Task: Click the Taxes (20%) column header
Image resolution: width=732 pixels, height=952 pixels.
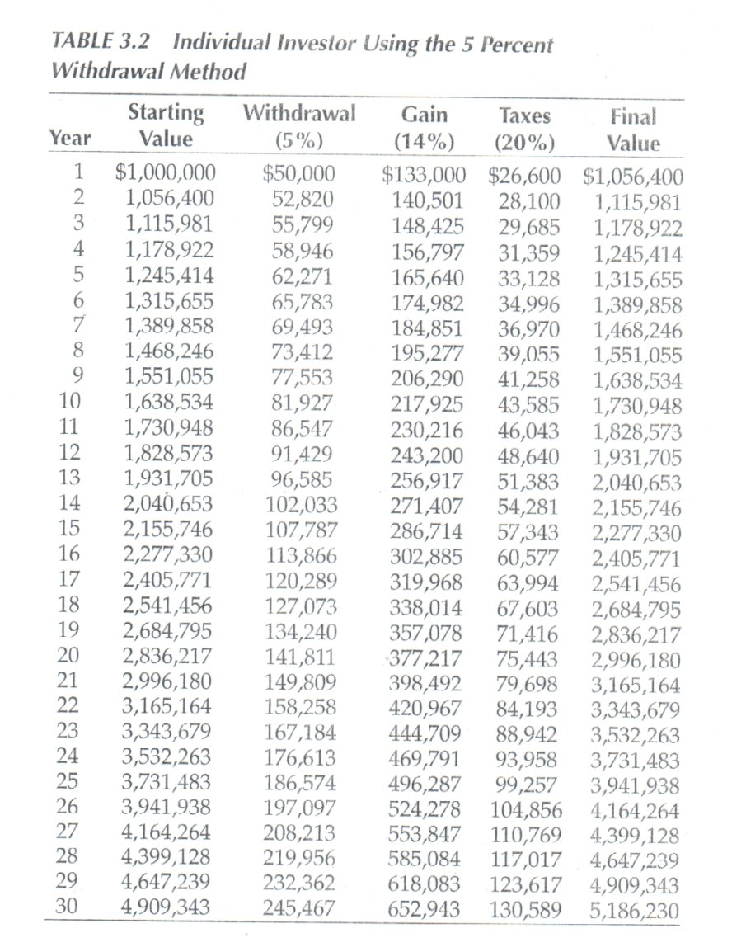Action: (525, 129)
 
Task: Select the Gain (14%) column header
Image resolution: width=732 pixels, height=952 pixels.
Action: (424, 129)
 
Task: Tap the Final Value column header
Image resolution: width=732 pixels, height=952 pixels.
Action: (633, 129)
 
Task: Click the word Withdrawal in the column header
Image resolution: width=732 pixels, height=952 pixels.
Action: (300, 113)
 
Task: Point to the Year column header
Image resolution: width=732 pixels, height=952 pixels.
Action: (70, 138)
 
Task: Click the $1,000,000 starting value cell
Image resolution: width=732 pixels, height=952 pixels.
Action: (165, 174)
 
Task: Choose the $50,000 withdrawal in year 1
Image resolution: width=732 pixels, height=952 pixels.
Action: (298, 174)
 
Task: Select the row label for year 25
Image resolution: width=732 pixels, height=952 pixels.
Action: (70, 782)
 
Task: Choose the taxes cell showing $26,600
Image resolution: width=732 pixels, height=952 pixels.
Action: (524, 174)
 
